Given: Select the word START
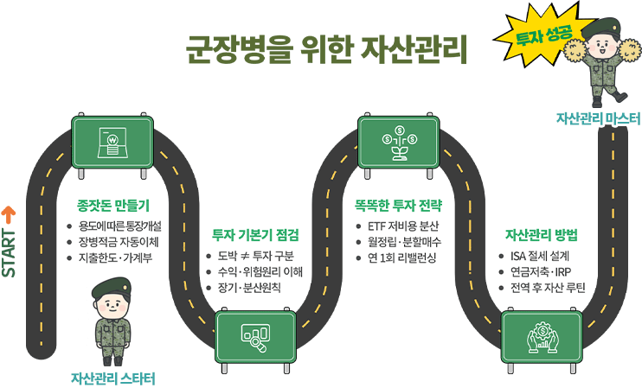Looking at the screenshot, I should [10, 251].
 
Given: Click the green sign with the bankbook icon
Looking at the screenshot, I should [113, 140].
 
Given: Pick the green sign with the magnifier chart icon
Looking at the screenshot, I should [254, 334].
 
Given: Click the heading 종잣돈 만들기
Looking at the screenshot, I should [114, 206].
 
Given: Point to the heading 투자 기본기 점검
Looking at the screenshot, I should [256, 234].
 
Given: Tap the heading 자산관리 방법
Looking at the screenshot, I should [541, 234].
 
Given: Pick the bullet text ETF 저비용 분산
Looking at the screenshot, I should [401, 226].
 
